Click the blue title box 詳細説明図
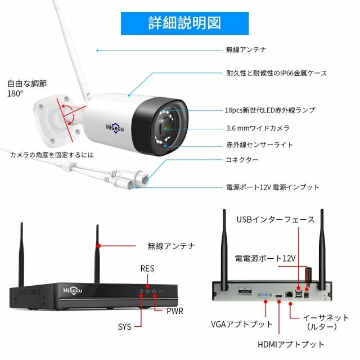pos(180,22)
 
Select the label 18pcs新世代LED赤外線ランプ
pos(271,110)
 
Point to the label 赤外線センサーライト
pos(259,145)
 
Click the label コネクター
pos(242,160)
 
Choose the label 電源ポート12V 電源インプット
pos(272,187)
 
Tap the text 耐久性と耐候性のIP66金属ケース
pos(276,73)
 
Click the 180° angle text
pos(16,93)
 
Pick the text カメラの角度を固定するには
pos(52,154)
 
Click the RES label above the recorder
pos(147,269)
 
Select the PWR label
pos(175,310)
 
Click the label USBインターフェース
pos(276,219)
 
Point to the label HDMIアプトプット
pos(290,344)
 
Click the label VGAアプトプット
pos(242,325)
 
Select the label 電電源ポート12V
pos(265,258)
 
